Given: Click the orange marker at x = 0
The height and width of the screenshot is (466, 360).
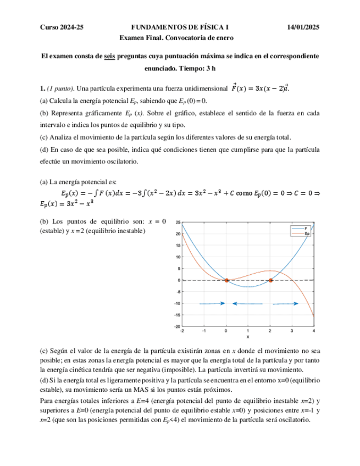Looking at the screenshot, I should (x=226, y=280).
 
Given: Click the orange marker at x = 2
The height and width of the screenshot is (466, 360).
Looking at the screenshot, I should (x=270, y=280).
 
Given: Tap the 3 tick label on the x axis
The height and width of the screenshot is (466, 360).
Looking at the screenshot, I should (x=292, y=331).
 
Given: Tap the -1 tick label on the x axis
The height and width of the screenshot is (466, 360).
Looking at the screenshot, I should (x=203, y=331).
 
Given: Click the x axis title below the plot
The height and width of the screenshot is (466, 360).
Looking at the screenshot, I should (x=248, y=337).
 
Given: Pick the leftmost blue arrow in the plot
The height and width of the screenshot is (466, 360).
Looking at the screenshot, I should (x=212, y=303).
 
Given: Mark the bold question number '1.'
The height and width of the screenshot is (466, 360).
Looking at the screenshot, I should (x=42, y=88).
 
